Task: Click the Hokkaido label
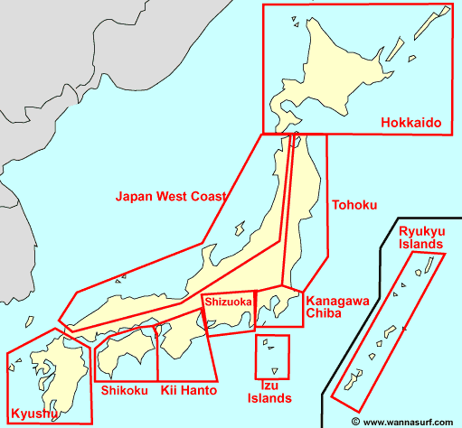coord(410,122)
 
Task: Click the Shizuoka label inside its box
coord(228,302)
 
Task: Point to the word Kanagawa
coord(336,301)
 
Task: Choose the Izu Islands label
coord(270,392)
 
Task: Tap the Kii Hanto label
coord(187,390)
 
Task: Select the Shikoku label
coord(124,390)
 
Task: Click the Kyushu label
coord(32,414)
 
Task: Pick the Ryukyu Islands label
coord(420,237)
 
